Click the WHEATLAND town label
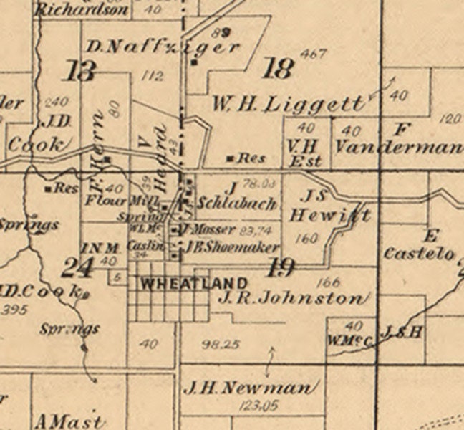tap(194, 283)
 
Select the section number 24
tap(76, 268)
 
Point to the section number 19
tap(280, 268)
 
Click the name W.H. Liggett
tap(288, 105)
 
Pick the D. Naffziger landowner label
tap(163, 48)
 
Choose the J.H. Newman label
tap(250, 388)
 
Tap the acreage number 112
tap(153, 75)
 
